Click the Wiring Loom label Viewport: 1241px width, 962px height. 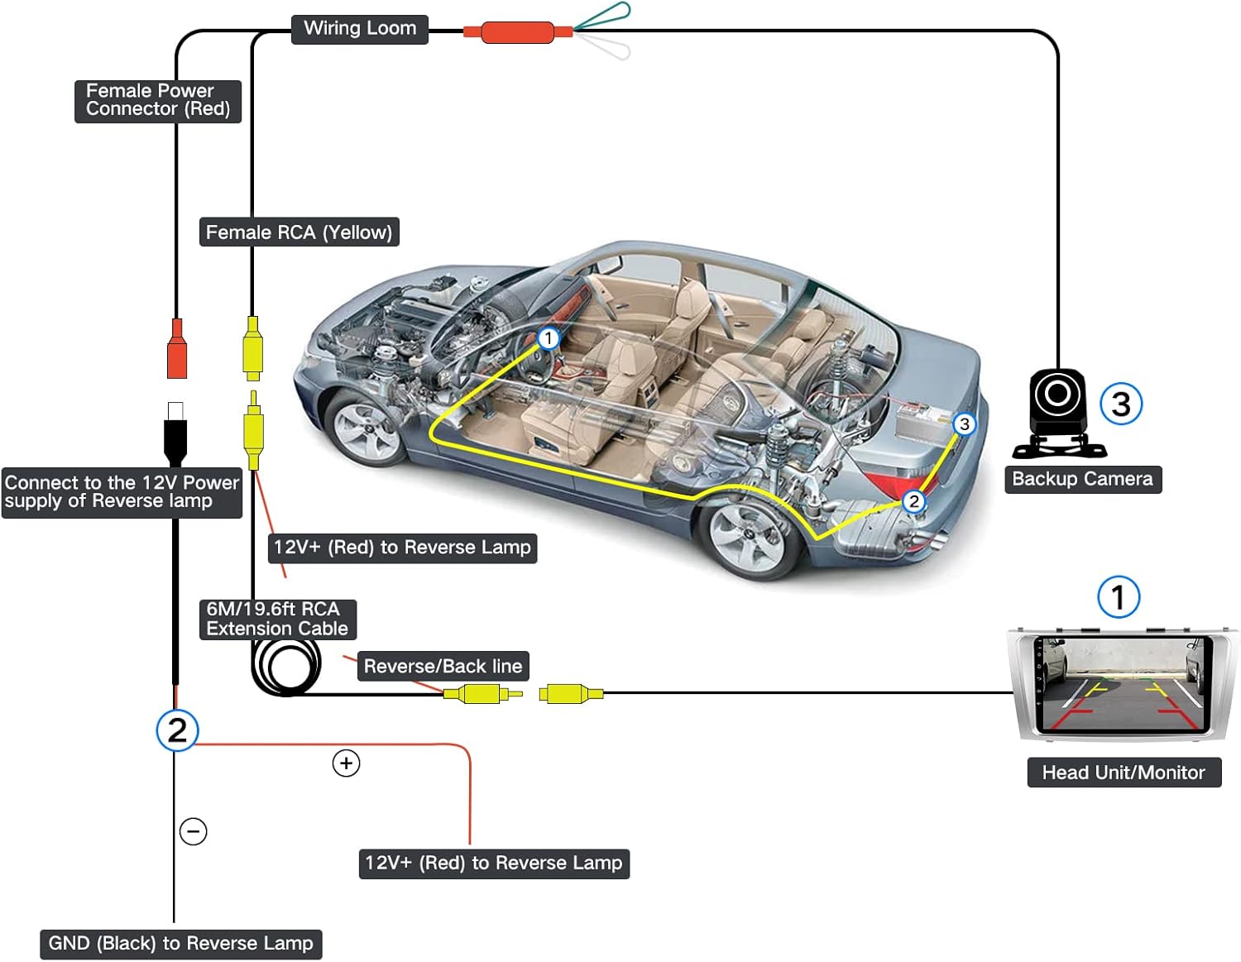click(360, 29)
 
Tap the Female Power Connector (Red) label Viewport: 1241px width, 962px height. click(158, 101)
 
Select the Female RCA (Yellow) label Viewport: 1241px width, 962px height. click(299, 232)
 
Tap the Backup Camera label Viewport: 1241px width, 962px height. click(1082, 480)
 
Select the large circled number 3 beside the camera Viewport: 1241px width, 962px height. click(1121, 404)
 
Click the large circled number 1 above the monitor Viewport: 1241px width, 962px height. click(1119, 597)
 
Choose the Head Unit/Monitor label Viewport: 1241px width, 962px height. click(1124, 773)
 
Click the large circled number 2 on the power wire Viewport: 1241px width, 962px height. click(177, 730)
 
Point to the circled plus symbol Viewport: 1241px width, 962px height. click(346, 763)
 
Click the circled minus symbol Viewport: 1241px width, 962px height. click(194, 831)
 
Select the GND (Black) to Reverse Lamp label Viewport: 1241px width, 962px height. click(180, 944)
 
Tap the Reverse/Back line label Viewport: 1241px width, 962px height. click(443, 667)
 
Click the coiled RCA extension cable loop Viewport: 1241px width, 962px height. click(286, 666)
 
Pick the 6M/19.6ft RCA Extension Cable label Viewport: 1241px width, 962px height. click(277, 620)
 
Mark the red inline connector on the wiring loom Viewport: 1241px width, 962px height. click(517, 32)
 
